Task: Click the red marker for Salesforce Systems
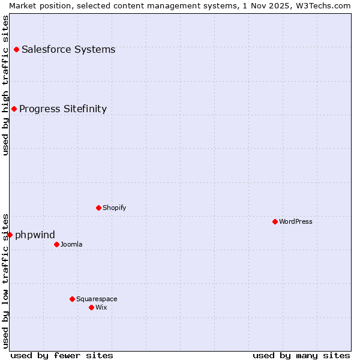(x=16, y=49)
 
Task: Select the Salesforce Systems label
(x=68, y=49)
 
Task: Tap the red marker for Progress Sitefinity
(x=14, y=109)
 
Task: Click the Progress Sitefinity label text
(x=63, y=109)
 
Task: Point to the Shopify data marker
(x=98, y=208)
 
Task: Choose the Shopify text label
(x=114, y=208)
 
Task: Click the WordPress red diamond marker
(x=275, y=221)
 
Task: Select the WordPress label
(x=295, y=221)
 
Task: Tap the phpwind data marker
(x=10, y=235)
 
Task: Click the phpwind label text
(x=35, y=235)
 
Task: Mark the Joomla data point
(x=56, y=244)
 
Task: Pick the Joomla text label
(x=71, y=244)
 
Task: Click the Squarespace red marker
(x=72, y=299)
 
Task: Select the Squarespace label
(x=97, y=299)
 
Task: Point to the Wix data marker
(x=91, y=307)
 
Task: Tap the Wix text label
(x=101, y=307)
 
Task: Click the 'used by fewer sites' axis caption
(x=62, y=355)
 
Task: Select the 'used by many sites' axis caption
(x=301, y=355)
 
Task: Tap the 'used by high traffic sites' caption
(x=5, y=85)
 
